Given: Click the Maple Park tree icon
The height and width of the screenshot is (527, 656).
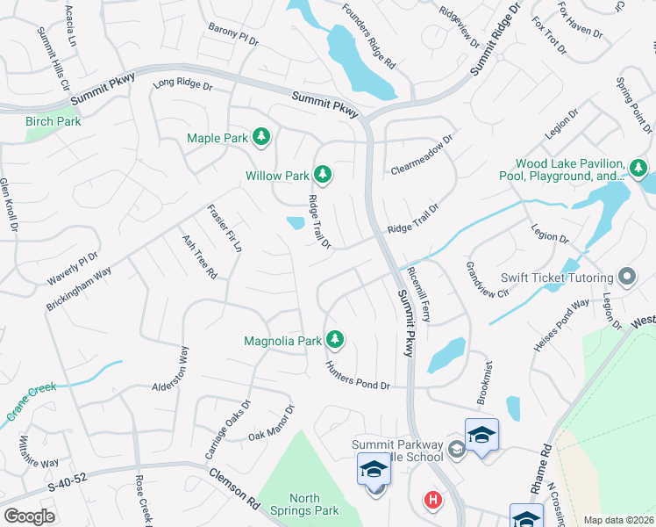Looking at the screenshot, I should (260, 137).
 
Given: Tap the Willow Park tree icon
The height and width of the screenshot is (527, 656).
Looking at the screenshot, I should (323, 175).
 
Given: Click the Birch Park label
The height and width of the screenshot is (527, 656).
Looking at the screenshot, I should (53, 121).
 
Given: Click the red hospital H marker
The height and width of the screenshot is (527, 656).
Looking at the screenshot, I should (432, 501).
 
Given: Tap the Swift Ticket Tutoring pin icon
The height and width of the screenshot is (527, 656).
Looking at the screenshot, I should (626, 278).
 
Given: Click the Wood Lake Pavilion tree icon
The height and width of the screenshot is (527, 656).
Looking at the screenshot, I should (639, 167).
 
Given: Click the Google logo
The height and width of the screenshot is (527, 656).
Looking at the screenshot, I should (30, 516).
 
